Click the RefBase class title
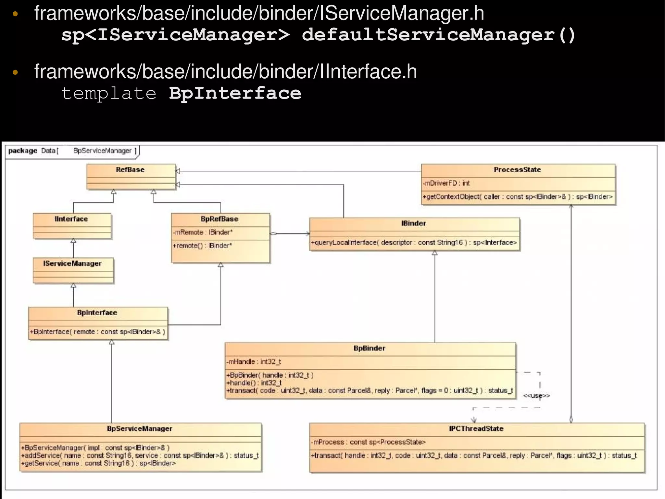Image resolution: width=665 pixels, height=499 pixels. [x=130, y=170]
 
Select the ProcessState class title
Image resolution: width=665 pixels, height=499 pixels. [x=517, y=170]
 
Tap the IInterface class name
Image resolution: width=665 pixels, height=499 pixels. [x=71, y=219]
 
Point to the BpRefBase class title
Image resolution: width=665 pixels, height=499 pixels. [x=219, y=219]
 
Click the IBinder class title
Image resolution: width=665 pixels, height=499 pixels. [x=413, y=223]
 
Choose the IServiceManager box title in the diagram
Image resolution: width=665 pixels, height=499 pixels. [x=72, y=263]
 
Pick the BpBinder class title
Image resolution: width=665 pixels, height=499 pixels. [x=369, y=348]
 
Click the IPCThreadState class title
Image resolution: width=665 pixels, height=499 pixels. [x=476, y=428]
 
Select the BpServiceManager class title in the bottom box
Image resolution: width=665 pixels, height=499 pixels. [x=140, y=428]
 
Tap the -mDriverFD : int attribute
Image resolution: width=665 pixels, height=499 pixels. [x=446, y=183]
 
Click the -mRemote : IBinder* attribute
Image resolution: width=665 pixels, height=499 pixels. [x=203, y=232]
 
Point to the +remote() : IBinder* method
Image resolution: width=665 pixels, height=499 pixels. [x=202, y=245]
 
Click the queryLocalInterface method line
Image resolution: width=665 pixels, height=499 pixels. [x=414, y=243]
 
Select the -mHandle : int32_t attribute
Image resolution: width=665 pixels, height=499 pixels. [x=254, y=361]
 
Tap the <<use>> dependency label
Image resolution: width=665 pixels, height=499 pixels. [x=536, y=396]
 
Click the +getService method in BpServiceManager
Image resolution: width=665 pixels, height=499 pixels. [x=98, y=463]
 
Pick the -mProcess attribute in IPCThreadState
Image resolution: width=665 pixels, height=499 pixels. [x=368, y=442]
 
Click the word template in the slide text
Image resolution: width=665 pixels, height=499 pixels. [x=109, y=93]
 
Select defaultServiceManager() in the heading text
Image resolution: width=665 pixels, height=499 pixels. [x=438, y=35]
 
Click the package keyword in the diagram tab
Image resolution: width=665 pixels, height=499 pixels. [x=23, y=151]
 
